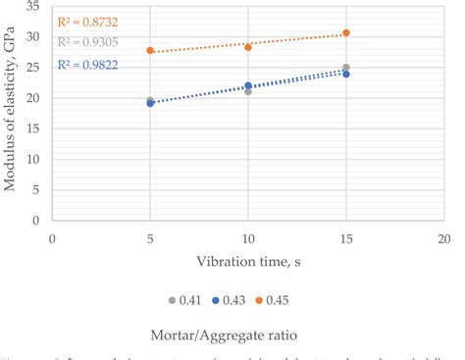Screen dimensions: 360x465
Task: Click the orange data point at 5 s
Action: pos(150,50)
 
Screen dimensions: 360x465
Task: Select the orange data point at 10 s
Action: pos(248,47)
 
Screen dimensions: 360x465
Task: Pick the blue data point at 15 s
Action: pos(346,75)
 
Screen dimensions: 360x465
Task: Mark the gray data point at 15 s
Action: pos(346,68)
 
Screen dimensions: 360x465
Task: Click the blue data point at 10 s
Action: pos(248,86)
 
